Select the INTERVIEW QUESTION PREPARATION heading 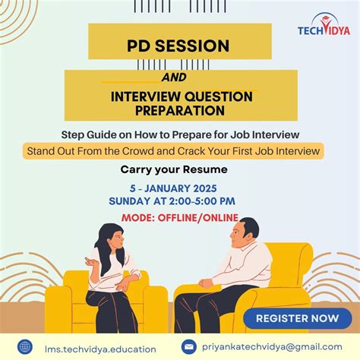coord(180,103)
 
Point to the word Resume coord(207,169)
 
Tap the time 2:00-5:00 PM coord(203,201)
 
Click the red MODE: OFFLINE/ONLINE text coord(179,218)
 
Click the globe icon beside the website coord(25,346)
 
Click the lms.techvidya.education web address coord(90,347)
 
